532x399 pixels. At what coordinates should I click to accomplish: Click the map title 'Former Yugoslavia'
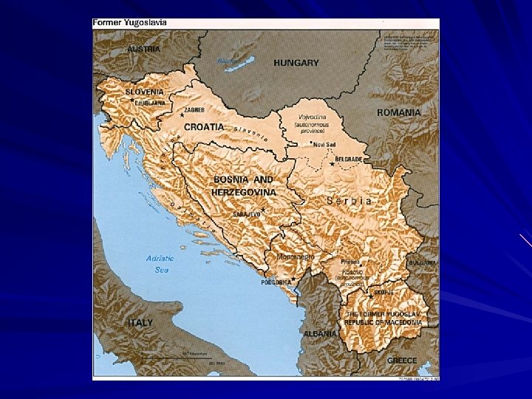coord(129,22)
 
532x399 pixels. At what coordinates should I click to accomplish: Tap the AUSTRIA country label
coord(143,49)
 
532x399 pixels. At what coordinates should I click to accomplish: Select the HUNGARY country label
coord(296,63)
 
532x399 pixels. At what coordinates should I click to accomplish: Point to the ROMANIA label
coord(399,112)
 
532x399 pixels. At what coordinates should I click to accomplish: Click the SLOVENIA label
coord(144,92)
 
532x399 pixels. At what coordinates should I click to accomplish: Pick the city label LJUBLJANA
coord(151,103)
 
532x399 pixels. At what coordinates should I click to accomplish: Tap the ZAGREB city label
coord(194,109)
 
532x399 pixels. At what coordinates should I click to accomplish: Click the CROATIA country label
coord(203,126)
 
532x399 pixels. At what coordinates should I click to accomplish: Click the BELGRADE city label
coord(348,159)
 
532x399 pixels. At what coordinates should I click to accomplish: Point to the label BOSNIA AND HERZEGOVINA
coord(243,185)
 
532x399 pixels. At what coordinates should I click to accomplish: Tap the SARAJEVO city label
coord(247,214)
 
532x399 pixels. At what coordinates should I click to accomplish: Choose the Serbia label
coord(349,200)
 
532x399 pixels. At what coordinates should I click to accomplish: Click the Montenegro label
coord(295,256)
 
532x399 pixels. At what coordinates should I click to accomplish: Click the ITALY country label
coord(140,323)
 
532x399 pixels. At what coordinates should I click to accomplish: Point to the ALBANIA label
coord(319,333)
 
